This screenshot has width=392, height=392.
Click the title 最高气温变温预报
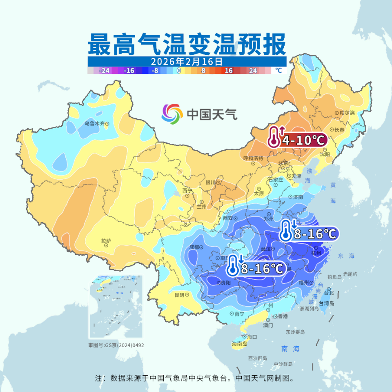click(x=187, y=44)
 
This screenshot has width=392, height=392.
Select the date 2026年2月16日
click(x=187, y=62)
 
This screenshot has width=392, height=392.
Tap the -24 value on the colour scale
click(x=105, y=70)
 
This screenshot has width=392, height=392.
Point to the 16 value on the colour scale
click(x=229, y=70)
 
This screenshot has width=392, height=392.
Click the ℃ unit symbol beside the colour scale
click(x=278, y=70)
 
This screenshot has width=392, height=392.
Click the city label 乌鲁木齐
click(x=95, y=123)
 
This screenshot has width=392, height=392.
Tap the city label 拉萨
click(x=106, y=241)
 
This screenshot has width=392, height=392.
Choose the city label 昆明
click(x=179, y=295)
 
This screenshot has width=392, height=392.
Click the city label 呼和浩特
click(x=253, y=158)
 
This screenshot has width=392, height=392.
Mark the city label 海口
click(x=252, y=337)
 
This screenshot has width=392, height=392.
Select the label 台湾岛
click(x=327, y=303)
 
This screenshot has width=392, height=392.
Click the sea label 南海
click(x=290, y=349)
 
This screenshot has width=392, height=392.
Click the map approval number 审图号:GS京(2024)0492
click(x=116, y=345)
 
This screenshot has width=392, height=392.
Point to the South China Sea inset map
click(x=116, y=307)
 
